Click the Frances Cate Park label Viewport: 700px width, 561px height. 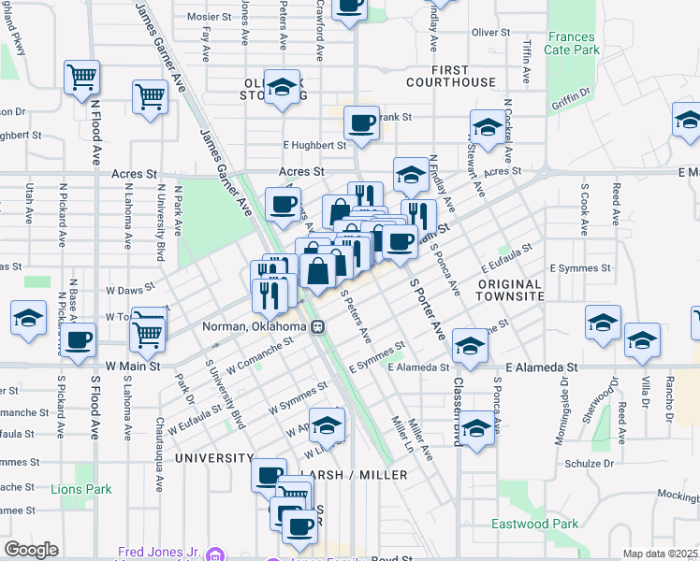tap(572, 42)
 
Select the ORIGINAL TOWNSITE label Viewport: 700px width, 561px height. tap(510, 290)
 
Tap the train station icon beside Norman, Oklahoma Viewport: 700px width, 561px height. tap(319, 327)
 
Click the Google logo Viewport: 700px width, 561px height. tap(31, 550)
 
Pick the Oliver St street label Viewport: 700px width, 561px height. tap(490, 32)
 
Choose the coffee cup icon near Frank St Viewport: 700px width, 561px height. tap(361, 122)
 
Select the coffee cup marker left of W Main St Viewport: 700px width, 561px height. tap(80, 338)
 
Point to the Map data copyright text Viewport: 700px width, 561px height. tap(660, 554)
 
